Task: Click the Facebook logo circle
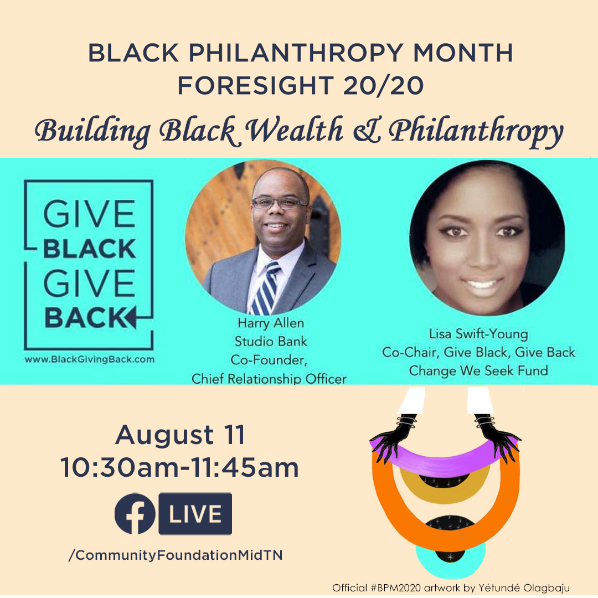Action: tap(135, 513)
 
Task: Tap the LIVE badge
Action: tap(195, 513)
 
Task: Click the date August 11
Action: tap(180, 435)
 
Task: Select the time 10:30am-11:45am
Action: tap(179, 467)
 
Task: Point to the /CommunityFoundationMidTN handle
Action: tap(176, 555)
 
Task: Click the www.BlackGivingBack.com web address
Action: tap(90, 359)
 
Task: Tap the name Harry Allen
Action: tap(271, 323)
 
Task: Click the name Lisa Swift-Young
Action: tap(478, 334)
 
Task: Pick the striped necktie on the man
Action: tap(267, 288)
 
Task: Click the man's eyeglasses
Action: tap(280, 203)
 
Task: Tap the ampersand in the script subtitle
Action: tap(367, 131)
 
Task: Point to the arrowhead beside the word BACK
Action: tap(131, 317)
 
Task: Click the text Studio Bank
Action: tap(271, 341)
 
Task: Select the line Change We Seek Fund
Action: tap(478, 370)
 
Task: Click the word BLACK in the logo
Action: tap(89, 249)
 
